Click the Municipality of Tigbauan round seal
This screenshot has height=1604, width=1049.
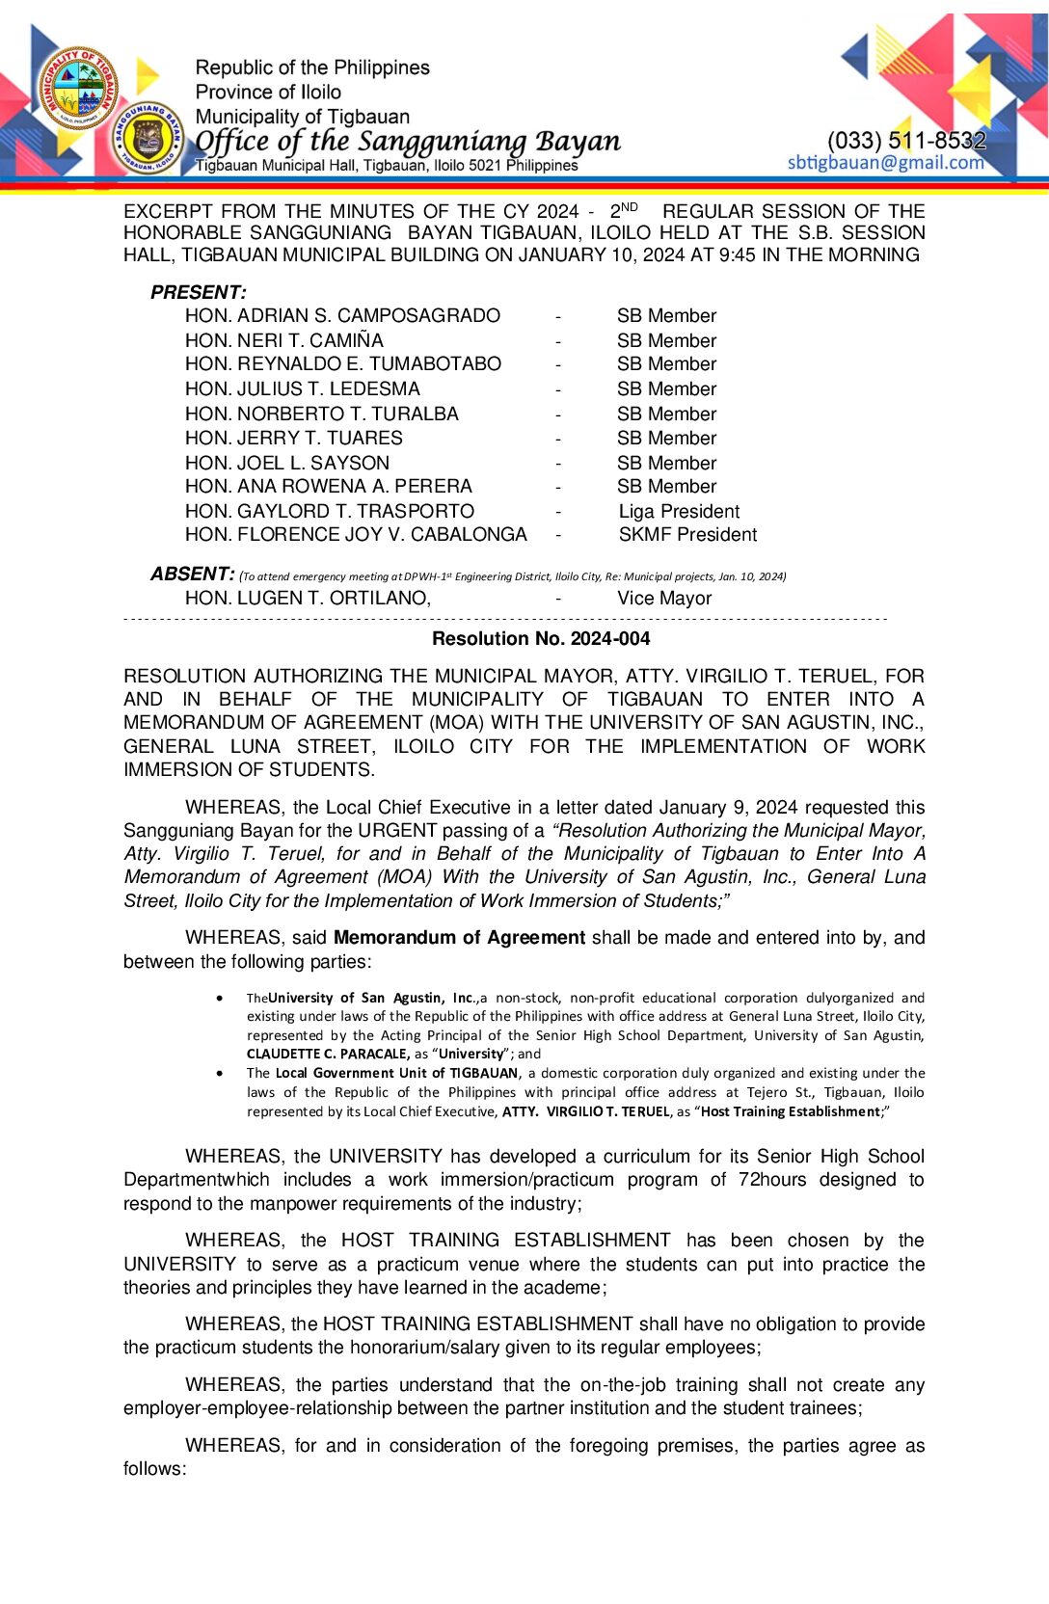tap(79, 88)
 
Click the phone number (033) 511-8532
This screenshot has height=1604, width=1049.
tap(906, 141)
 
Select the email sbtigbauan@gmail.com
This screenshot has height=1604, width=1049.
tap(885, 162)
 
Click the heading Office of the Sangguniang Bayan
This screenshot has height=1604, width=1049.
tap(408, 141)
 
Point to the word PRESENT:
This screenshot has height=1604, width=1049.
tap(198, 292)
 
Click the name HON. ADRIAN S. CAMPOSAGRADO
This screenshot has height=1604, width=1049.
tap(342, 316)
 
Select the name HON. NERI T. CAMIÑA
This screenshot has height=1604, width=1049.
tap(283, 340)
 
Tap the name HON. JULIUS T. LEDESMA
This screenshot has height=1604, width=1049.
tap(302, 388)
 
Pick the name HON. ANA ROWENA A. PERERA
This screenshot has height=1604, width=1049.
tap(328, 487)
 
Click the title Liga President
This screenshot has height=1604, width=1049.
tap(679, 511)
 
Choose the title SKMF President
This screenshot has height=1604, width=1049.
tap(687, 535)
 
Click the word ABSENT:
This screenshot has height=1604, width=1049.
tap(192, 575)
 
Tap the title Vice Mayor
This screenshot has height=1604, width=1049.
tap(664, 599)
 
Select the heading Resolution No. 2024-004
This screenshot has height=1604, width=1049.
tap(540, 638)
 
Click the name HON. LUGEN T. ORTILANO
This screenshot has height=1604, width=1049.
tap(308, 599)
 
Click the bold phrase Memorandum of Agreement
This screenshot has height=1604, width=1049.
tap(459, 938)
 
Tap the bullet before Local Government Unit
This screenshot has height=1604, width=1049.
tap(222, 1073)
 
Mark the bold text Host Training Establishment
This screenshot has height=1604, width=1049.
tap(791, 1111)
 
